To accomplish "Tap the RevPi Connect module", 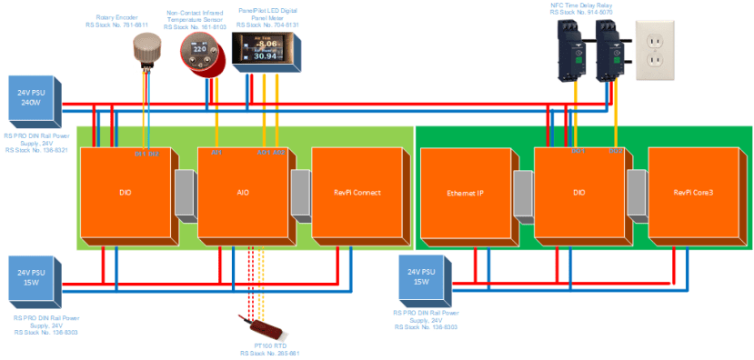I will point(356,192).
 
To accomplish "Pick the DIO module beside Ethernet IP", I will point(579,192).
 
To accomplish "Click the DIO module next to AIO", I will point(126,192).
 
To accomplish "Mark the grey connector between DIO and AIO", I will point(185,195).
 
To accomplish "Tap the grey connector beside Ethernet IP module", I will point(523,195).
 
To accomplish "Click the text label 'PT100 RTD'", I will point(270,345).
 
